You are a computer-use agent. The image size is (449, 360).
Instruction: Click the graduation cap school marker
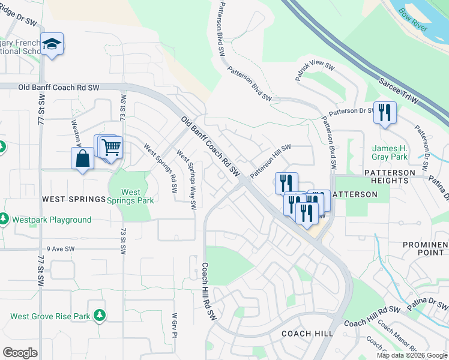click(x=53, y=44)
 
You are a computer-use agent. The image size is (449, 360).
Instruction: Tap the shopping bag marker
click(x=82, y=159)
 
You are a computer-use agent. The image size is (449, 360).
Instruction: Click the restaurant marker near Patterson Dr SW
click(x=385, y=112)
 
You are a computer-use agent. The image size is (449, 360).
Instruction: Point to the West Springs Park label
click(x=130, y=196)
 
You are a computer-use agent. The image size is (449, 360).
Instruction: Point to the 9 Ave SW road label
click(x=60, y=248)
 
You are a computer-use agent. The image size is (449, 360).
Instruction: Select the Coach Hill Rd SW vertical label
click(x=208, y=291)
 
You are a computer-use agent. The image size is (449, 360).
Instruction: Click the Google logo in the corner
click(x=20, y=352)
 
